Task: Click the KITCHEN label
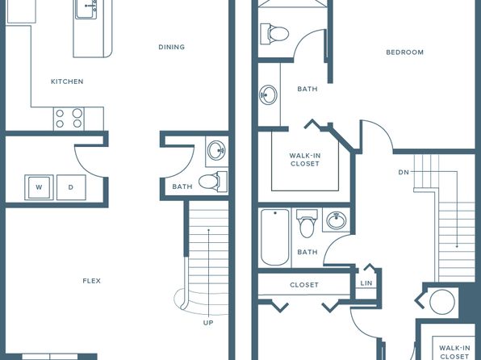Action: click(x=67, y=82)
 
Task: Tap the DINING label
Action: click(x=171, y=47)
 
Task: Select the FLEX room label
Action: click(x=92, y=281)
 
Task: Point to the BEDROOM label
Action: click(x=404, y=52)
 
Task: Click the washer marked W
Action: click(x=39, y=187)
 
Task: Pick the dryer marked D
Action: click(x=71, y=187)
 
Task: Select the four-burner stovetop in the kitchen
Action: click(x=69, y=119)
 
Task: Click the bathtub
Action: click(x=275, y=237)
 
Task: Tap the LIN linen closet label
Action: click(x=366, y=283)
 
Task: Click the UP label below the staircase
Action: click(x=208, y=323)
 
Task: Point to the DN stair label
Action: click(x=404, y=173)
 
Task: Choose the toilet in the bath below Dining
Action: click(x=213, y=182)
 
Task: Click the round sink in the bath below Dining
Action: click(x=216, y=150)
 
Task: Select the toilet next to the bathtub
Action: click(x=307, y=224)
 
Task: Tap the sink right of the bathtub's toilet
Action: click(x=337, y=220)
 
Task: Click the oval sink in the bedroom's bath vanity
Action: click(x=268, y=94)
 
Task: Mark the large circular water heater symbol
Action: click(x=442, y=302)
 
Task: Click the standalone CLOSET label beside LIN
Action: click(x=304, y=285)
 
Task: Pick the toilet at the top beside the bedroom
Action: click(x=274, y=33)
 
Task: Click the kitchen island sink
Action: click(x=86, y=9)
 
